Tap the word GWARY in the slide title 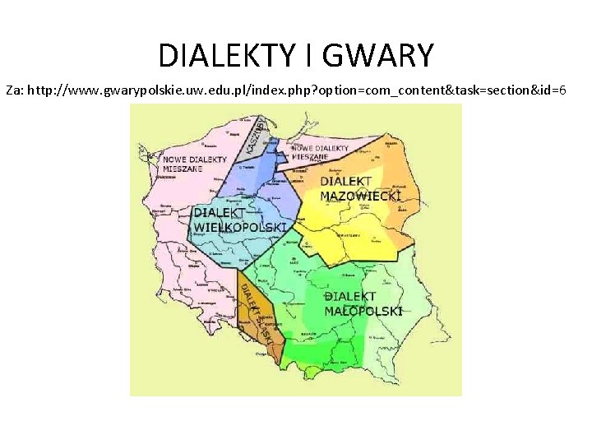[377, 55]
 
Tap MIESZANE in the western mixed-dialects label [183, 168]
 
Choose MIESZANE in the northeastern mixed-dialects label [308, 156]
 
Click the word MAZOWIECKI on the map [360, 197]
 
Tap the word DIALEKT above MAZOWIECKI [346, 182]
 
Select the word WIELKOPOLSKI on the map [239, 226]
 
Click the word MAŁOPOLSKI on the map [363, 311]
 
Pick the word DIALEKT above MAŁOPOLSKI [349, 297]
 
